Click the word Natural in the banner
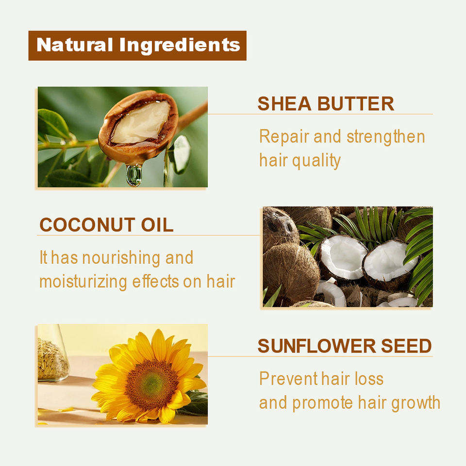[x=75, y=45]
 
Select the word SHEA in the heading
[x=284, y=103]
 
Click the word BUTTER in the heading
[x=355, y=103]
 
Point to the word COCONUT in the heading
[x=87, y=225]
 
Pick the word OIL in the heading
[x=157, y=225]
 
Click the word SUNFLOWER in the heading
[x=316, y=346]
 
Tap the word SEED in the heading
[x=406, y=346]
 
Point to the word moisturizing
[x=83, y=282]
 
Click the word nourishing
[x=121, y=258]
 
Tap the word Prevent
[x=288, y=379]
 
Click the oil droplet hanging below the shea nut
[x=134, y=175]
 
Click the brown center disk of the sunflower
[x=151, y=385]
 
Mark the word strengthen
[x=386, y=137]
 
